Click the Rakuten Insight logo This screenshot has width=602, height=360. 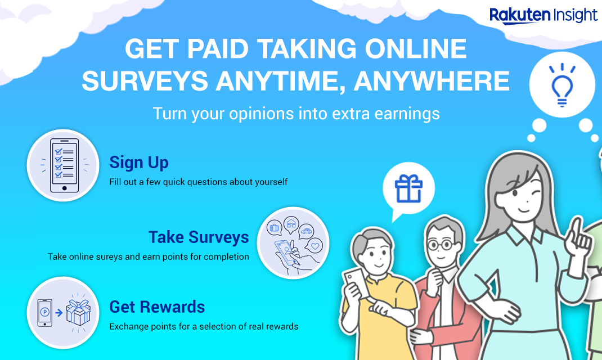[543, 15]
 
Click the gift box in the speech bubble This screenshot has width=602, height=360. [408, 188]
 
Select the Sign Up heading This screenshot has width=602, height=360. [139, 163]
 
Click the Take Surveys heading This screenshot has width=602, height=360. [199, 237]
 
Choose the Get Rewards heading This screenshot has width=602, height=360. [157, 307]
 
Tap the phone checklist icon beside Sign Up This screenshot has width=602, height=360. [63, 165]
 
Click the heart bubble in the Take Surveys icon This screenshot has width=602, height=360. [316, 246]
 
